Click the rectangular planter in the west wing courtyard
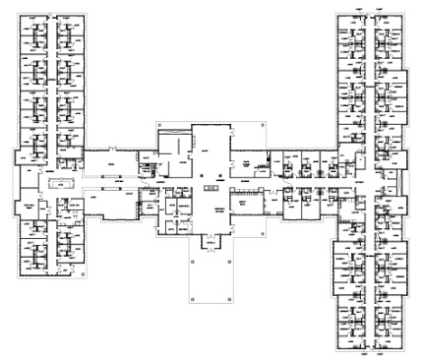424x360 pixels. coord(61,183)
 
